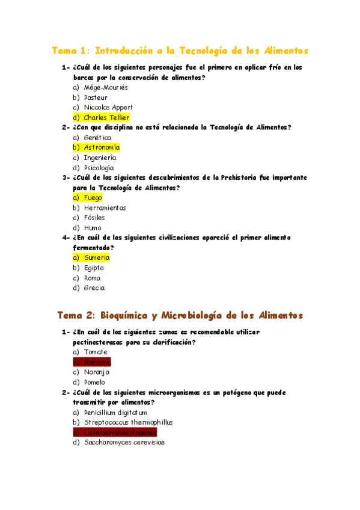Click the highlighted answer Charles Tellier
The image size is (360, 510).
pos(106,117)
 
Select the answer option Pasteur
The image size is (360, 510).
pos(96,97)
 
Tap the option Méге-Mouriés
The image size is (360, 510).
pos(105,87)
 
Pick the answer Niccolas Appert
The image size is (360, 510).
pos(108,107)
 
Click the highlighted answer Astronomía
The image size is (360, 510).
pos(102,147)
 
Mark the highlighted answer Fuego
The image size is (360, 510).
pos(93,197)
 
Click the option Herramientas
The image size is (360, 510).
pos(105,207)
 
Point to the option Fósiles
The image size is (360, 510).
pos(94,217)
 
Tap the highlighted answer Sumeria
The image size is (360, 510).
pos(96,257)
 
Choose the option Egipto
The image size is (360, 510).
pos(94,268)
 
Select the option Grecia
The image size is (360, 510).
pos(94,287)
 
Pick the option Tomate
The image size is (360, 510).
pos(96,352)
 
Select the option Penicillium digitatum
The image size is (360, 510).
pos(115,413)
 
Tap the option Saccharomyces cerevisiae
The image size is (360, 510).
pos(124,442)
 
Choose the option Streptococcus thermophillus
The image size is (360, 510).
pos(128,422)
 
